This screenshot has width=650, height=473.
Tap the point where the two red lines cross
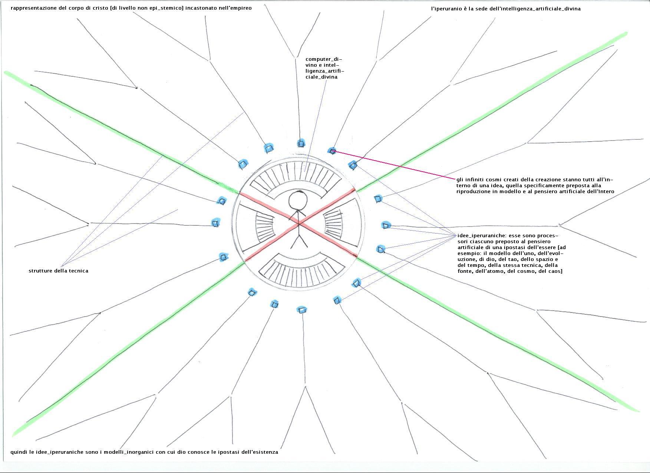[299, 224]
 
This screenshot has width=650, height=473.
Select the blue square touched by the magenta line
[332, 151]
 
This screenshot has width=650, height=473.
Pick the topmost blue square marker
[301, 143]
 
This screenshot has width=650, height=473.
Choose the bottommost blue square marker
[302, 310]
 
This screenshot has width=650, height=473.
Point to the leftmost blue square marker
[215, 223]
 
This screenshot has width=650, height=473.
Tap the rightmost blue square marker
[386, 225]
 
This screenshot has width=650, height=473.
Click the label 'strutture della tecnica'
[59, 271]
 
